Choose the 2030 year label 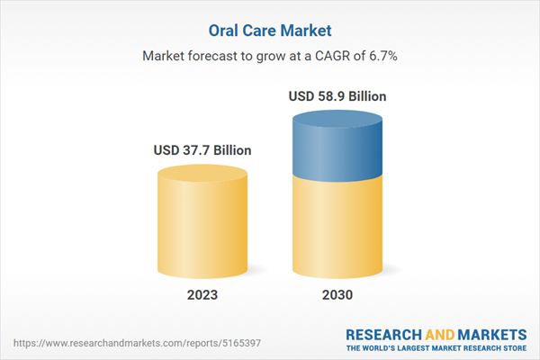point(340,295)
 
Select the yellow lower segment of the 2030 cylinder point(340,225)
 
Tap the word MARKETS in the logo point(491,334)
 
